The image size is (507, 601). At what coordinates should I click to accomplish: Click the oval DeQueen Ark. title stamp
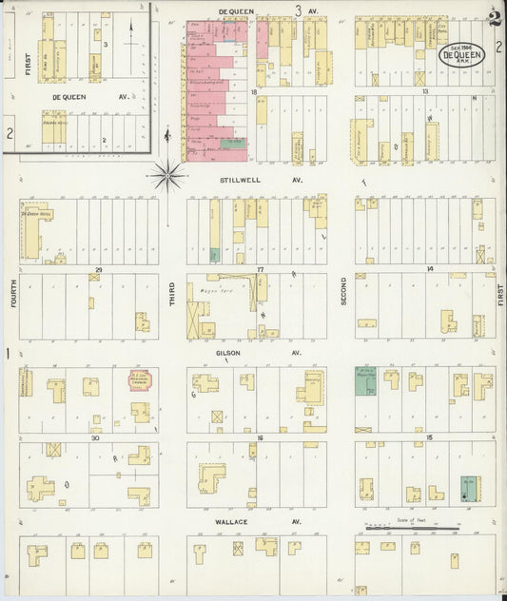460,55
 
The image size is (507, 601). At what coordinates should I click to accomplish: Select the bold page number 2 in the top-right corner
493,16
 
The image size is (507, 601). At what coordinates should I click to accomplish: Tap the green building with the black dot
469,487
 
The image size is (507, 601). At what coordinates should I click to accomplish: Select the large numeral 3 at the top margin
298,10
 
